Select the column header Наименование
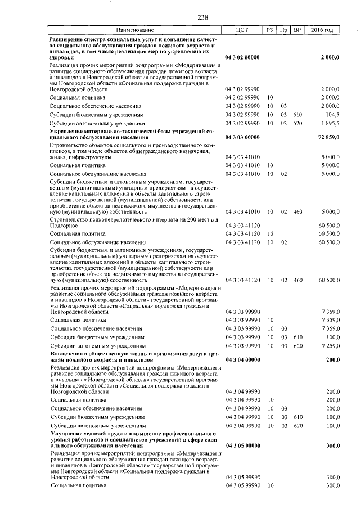pos(135,29)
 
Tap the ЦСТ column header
pos(242,29)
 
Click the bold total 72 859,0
pos(328,137)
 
